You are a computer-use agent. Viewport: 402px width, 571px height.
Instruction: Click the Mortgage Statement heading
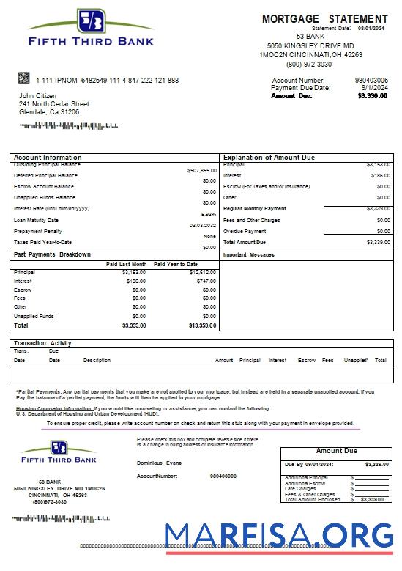tap(324, 18)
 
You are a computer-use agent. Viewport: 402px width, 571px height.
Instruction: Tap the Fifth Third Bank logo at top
tap(91, 29)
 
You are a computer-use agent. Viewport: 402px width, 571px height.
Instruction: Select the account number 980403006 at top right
tap(371, 80)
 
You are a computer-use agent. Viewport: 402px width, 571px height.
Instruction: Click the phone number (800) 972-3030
tap(309, 64)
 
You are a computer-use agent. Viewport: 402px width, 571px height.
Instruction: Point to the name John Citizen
tap(37, 96)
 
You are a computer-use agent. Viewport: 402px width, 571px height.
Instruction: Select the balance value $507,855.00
tap(201, 170)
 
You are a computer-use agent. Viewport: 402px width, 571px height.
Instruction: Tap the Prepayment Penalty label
tap(38, 231)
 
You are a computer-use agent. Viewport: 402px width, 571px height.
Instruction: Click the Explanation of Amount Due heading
tap(269, 158)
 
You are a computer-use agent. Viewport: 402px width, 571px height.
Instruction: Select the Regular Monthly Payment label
tap(254, 209)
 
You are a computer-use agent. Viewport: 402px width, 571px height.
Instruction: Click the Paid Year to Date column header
tap(176, 264)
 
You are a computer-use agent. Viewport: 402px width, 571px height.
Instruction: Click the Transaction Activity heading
tap(42, 343)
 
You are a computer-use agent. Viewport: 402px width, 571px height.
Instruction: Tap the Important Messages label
tap(248, 255)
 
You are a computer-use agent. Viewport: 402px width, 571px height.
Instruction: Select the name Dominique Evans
tap(159, 463)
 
